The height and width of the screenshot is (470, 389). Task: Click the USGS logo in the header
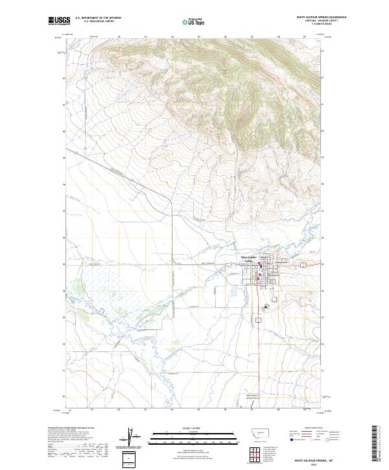tap(58, 21)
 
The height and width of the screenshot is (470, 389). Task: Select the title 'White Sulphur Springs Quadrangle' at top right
tap(321, 18)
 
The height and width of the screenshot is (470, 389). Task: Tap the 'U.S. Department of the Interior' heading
tap(98, 18)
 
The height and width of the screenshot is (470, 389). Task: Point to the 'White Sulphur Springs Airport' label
tap(252, 396)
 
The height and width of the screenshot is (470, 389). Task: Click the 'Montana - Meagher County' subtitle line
tap(321, 21)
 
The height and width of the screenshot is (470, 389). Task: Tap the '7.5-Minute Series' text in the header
tap(321, 25)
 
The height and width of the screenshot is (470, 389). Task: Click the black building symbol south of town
tap(265, 307)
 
